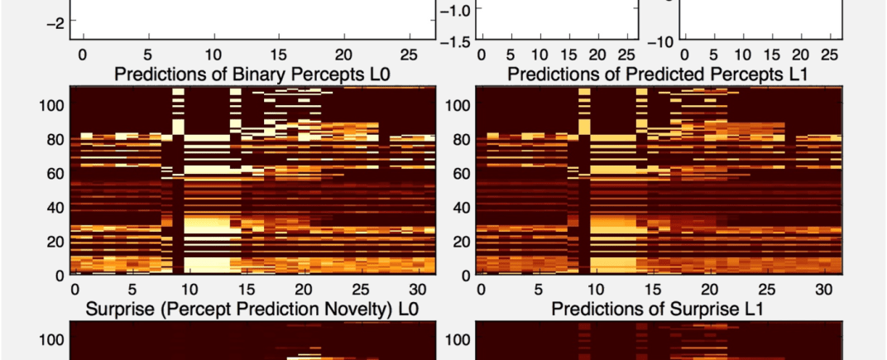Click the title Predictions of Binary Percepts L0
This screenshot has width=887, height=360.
pyautogui.click(x=252, y=74)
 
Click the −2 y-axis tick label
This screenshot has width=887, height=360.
pyautogui.click(x=54, y=24)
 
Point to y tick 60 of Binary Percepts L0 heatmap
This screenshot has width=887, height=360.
pyautogui.click(x=55, y=173)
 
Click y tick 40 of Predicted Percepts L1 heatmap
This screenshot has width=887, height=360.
pyautogui.click(x=460, y=207)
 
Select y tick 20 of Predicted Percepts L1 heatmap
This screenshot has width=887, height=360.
pyautogui.click(x=460, y=241)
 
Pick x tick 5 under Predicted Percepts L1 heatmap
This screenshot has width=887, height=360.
pyautogui.click(x=538, y=290)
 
